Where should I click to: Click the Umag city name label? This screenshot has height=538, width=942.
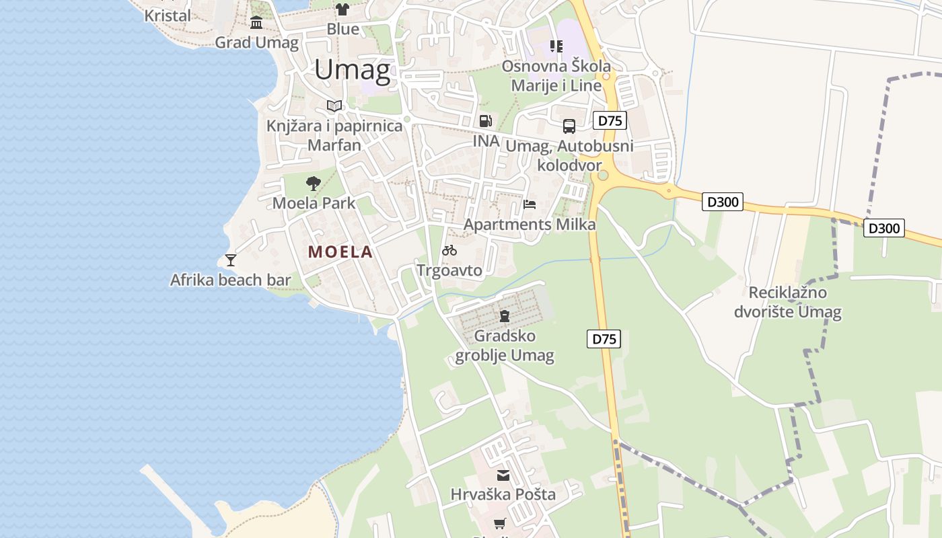coord(352,70)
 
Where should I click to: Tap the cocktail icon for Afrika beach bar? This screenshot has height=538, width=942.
coord(231,260)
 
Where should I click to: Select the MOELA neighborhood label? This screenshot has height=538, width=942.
coord(340,252)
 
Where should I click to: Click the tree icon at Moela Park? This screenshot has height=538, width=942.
coord(313,183)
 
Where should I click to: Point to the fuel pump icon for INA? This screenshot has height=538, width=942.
coord(485,121)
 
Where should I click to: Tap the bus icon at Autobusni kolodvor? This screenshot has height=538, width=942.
coord(569,126)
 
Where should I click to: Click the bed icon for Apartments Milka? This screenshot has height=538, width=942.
coord(530,204)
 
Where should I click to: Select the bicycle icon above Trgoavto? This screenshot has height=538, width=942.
coord(449,250)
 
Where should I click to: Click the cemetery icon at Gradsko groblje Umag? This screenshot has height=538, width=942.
coord(504,315)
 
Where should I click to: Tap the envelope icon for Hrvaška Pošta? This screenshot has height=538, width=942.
coord(503,475)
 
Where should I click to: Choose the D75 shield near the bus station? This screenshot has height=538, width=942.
coord(610,121)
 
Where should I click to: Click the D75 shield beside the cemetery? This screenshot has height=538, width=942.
coord(604,339)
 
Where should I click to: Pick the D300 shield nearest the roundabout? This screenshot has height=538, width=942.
coord(723,202)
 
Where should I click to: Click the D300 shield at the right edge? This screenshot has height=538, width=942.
coord(884,229)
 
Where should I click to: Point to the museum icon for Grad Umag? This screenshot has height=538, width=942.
coord(256,23)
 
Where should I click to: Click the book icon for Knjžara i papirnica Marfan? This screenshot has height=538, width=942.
coord(334,106)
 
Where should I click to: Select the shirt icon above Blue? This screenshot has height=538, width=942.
coord(342,9)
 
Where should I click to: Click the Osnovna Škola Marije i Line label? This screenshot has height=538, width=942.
coord(556,75)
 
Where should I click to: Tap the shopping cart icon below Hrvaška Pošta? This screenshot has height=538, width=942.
coord(500,523)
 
